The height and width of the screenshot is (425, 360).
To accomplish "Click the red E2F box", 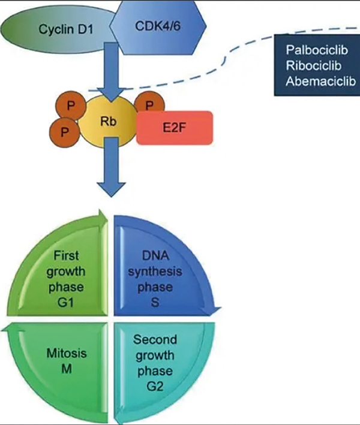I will click(174, 127).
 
